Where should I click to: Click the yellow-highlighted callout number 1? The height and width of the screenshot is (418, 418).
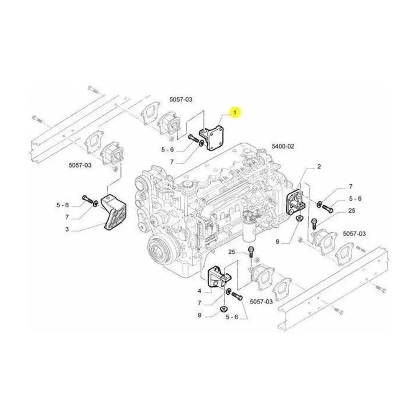[x=235, y=112]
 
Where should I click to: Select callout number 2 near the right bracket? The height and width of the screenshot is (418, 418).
[x=319, y=167]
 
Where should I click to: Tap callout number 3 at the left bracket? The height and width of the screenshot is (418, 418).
[x=67, y=229]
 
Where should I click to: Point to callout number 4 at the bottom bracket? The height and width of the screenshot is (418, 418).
[x=199, y=291]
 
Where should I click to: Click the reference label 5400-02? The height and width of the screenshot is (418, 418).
[x=283, y=146]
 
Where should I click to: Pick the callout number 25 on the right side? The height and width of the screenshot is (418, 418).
[x=352, y=211]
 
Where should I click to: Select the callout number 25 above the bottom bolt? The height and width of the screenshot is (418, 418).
[x=232, y=252]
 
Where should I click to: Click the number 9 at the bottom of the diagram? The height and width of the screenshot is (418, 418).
[x=199, y=315]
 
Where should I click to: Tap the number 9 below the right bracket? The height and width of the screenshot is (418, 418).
[x=277, y=242]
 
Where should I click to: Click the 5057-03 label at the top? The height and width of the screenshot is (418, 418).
[x=181, y=99]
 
